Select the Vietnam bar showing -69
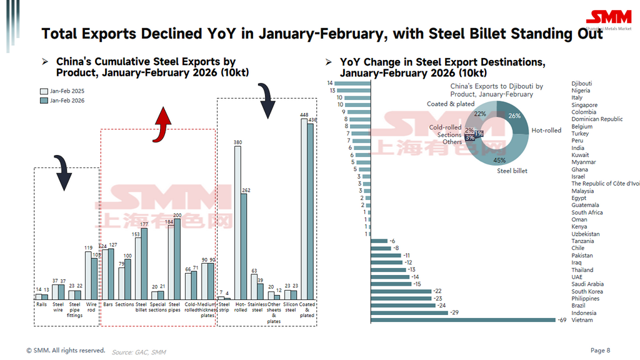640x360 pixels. point(463,320)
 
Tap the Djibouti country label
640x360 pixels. point(581,83)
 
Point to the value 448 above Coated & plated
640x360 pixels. point(304,114)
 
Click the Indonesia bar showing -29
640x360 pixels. point(410,313)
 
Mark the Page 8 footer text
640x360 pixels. point(600,350)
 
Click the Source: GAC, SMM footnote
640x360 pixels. point(139,352)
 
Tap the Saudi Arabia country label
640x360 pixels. point(587,284)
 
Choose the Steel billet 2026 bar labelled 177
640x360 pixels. point(144,262)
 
